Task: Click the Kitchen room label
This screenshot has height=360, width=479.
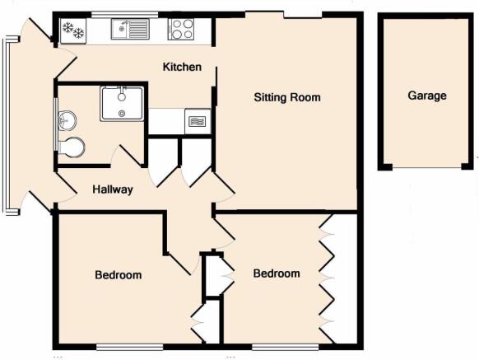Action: [182, 67]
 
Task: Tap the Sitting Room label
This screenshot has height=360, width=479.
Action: [287, 97]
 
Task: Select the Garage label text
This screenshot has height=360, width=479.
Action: [427, 96]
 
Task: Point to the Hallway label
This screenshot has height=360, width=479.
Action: [113, 189]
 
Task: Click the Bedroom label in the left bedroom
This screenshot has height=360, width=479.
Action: [119, 274]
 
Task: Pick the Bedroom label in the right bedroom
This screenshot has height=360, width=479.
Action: [277, 274]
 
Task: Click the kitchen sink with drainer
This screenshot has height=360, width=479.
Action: [130, 29]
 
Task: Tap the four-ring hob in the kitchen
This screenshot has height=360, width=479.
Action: [181, 29]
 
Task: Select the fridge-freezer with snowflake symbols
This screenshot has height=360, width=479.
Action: [73, 30]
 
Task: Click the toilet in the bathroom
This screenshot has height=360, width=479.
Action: [71, 147]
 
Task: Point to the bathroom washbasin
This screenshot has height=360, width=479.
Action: [67, 119]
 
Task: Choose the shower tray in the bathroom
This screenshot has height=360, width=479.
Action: [122, 104]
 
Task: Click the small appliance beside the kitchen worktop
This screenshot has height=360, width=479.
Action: [198, 121]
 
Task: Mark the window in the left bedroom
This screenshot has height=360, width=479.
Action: [129, 346]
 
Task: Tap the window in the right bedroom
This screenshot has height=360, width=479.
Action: [286, 346]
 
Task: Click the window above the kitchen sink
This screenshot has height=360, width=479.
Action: [125, 14]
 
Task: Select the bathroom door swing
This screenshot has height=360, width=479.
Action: [128, 156]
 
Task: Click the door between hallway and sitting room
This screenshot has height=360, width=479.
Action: [224, 187]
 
